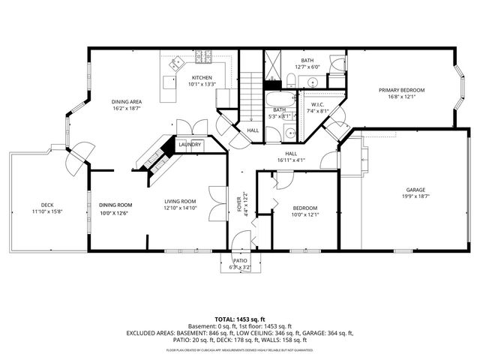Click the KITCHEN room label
(202, 78)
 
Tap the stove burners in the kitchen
(203, 57)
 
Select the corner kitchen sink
(175, 65)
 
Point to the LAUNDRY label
(190, 145)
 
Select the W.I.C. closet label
(318, 104)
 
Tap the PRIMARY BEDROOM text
(401, 90)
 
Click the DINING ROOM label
(115, 205)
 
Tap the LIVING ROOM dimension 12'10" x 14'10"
(181, 208)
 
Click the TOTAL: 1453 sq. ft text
(240, 319)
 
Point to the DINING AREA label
(127, 101)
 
